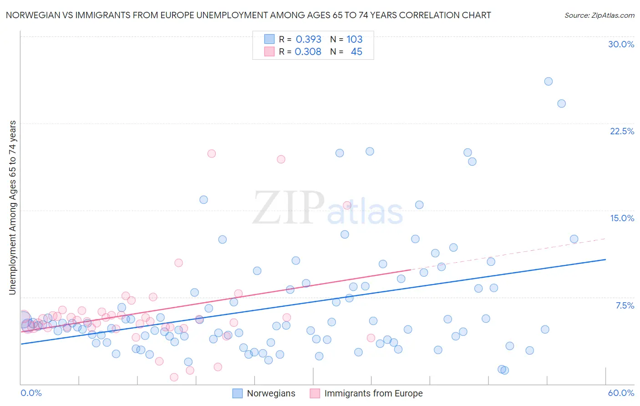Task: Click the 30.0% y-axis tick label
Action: coord(621,44)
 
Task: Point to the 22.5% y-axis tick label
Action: coord(622,131)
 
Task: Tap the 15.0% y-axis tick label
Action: coord(622,218)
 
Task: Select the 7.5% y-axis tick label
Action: coord(625,305)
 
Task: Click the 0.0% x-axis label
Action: coord(31,393)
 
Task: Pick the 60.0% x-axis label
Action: coord(621,393)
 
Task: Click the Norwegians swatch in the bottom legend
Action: coord(238,393)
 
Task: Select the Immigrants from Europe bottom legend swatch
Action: coord(315,393)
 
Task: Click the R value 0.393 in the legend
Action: coord(308,39)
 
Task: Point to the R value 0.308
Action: coord(308,52)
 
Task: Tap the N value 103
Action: coord(355,39)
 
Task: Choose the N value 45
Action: coord(356,52)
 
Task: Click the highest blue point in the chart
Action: coord(549,81)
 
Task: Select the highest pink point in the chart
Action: coord(211,153)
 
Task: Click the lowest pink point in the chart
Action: coord(174,377)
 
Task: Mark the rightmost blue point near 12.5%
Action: coord(574,239)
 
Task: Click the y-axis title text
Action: coord(13,208)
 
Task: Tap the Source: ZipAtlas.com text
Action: coord(599,15)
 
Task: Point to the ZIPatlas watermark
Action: coord(328,208)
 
